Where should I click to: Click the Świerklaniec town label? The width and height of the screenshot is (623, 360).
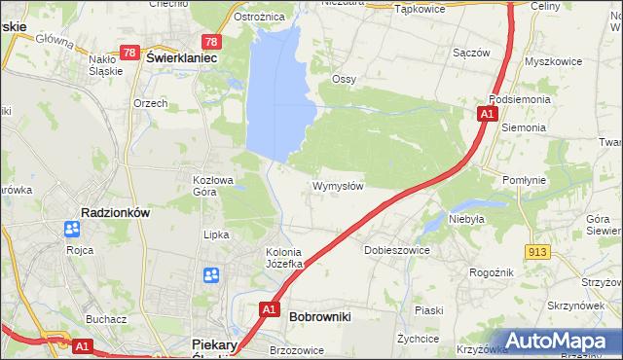click(x=180, y=58)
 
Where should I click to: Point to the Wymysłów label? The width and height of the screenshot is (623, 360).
click(x=338, y=186)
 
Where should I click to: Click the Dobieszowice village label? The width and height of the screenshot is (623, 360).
click(x=396, y=250)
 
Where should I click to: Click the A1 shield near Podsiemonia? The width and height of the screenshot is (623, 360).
click(x=487, y=115)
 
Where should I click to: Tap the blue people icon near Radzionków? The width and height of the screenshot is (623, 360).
click(x=71, y=230)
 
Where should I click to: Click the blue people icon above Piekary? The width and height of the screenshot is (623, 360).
click(x=211, y=276)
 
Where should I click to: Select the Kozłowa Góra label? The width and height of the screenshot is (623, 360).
click(x=212, y=185)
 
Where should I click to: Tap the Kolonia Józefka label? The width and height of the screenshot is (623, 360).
click(x=285, y=258)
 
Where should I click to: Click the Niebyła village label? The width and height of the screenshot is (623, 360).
click(x=466, y=219)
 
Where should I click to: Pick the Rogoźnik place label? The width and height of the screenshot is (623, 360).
click(x=493, y=273)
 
